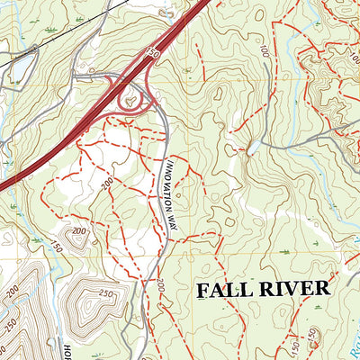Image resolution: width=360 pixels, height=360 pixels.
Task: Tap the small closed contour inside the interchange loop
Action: coord(132,102)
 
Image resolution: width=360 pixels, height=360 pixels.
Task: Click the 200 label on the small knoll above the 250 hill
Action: coord(78,233)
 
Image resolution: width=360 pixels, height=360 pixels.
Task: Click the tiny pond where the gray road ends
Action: coord(255,144)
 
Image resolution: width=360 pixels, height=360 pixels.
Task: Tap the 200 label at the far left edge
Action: coord(16,293)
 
